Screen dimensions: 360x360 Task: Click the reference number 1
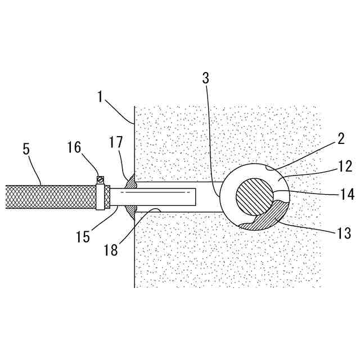pos(100,96)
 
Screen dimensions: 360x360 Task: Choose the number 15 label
pos(83,237)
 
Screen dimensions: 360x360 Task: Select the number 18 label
pos(111,249)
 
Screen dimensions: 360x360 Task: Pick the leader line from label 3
pos(212,141)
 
